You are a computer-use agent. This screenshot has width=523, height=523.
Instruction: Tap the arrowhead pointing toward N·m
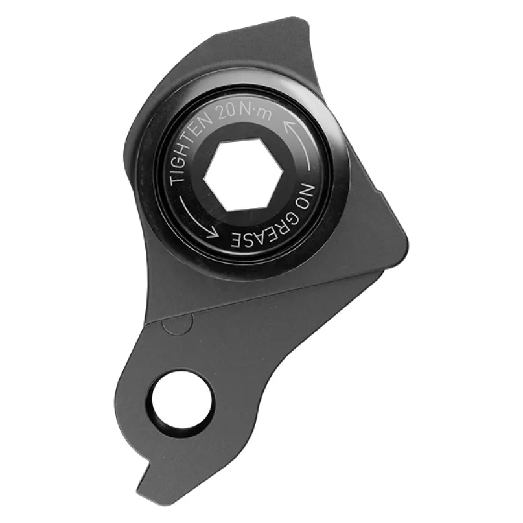click(288, 127)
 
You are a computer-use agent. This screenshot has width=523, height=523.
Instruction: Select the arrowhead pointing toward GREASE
click(212, 233)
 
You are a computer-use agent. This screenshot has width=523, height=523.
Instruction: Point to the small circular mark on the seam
click(178, 323)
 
